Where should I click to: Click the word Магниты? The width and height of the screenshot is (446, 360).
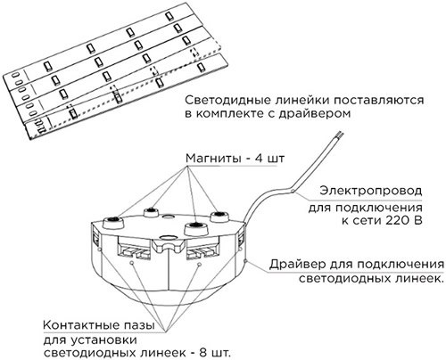[213, 159]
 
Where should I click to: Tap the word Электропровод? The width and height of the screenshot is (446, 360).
[371, 191]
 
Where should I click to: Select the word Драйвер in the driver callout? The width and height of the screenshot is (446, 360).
[298, 264]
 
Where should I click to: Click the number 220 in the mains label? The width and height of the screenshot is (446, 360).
[393, 221]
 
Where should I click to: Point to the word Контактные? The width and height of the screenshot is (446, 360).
[78, 325]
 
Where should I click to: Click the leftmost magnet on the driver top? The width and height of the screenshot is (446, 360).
[113, 222]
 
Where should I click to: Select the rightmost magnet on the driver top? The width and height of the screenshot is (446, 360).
[219, 217]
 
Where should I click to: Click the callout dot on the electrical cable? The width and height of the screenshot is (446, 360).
[293, 192]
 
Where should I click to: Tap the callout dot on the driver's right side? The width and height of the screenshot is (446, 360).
[245, 261]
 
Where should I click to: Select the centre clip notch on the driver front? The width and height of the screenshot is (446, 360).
[168, 245]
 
